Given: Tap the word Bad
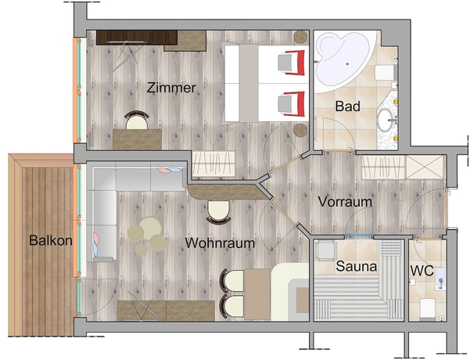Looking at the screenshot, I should [x=347, y=106].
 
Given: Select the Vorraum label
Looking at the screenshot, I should [x=344, y=201].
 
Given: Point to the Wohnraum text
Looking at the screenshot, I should [x=220, y=243].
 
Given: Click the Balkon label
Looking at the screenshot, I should [x=50, y=240].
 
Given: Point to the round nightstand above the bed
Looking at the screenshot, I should [x=300, y=37].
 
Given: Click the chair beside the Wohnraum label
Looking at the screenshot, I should [x=217, y=211].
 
